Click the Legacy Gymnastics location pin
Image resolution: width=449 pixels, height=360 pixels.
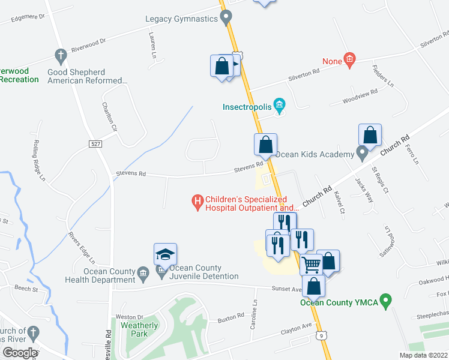[226, 19]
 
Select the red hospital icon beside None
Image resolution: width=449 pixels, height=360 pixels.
[349, 59]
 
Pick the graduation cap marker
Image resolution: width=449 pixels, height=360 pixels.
[165, 254]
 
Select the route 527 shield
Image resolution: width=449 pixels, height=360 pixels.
[95, 144]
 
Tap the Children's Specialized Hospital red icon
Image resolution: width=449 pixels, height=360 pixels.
[196, 203]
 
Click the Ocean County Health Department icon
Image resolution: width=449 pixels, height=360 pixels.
[143, 274]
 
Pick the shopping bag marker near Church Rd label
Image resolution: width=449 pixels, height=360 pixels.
[370, 135]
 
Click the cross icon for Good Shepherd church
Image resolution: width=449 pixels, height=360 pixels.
[60, 56]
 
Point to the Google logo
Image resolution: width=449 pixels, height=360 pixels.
[19, 353]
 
